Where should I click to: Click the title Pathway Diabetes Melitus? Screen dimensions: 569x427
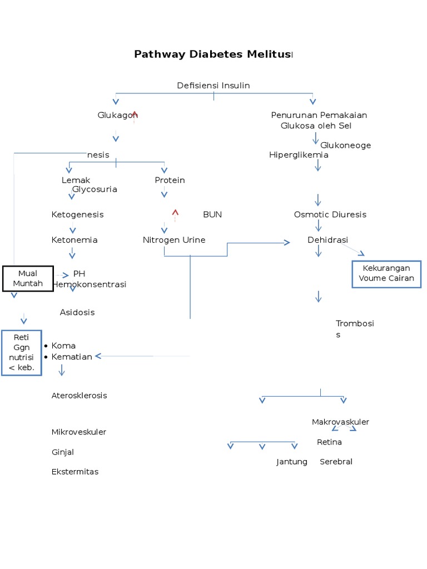[x=212, y=54]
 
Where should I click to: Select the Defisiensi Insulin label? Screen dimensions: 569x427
[x=213, y=86]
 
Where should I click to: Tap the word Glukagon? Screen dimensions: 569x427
[x=116, y=115]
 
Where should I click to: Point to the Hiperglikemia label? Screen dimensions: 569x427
[x=299, y=155]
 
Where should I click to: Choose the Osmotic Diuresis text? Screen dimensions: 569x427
[x=330, y=214]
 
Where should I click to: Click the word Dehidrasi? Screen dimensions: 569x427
[x=327, y=240]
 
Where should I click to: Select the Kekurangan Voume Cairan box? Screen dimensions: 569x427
[x=386, y=273]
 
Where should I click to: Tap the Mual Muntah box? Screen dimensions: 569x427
[x=28, y=278]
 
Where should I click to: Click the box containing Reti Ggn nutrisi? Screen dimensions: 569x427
[x=21, y=353]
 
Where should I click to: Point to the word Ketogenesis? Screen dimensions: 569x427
[x=77, y=214]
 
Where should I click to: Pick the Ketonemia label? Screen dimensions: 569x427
[x=75, y=240]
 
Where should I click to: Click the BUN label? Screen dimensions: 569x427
[x=212, y=214]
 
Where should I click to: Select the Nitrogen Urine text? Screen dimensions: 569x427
[x=174, y=240]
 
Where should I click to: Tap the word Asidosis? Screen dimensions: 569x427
[x=77, y=312]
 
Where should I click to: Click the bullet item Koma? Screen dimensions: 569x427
[x=63, y=346]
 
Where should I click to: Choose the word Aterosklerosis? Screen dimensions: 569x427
[x=79, y=396]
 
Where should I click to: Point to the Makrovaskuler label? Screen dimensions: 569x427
[x=340, y=422]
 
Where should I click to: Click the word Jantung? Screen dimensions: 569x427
[x=292, y=462]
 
